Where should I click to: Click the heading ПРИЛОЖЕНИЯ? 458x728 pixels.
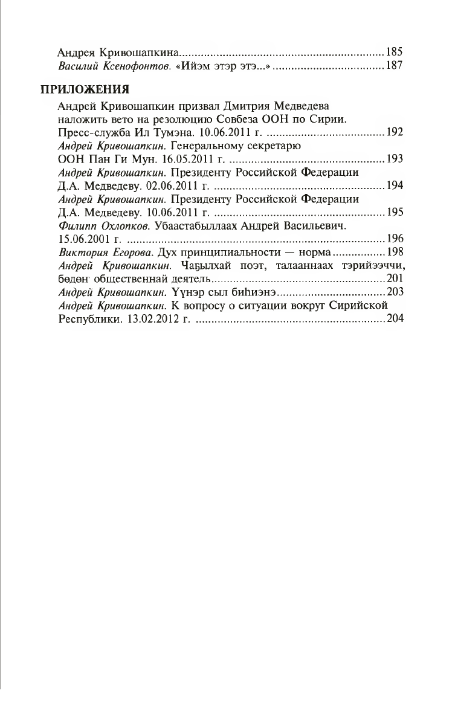pyautogui.click(x=85, y=91)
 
